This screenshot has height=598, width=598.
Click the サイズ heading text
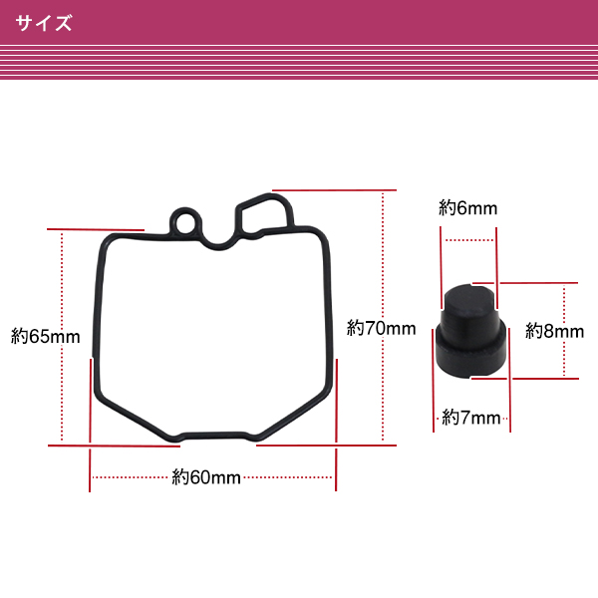pos(44,23)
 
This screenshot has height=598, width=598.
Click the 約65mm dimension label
pos(46,337)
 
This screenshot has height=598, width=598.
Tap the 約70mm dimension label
pos(381,328)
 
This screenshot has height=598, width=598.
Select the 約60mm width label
pos(206,477)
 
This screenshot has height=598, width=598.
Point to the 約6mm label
pos(468,208)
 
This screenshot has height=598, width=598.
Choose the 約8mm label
pos(554,331)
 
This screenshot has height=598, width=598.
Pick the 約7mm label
pos(471,418)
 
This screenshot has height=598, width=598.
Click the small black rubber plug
pos(471,331)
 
